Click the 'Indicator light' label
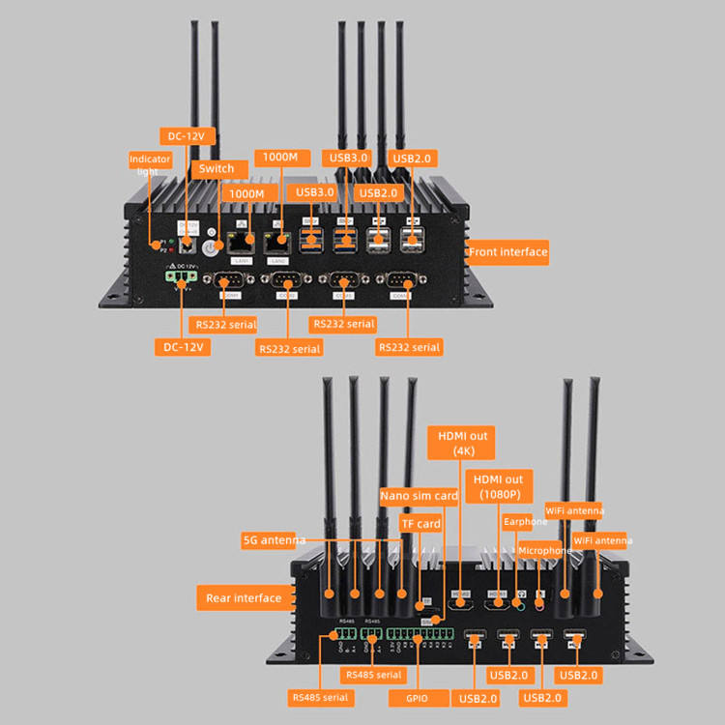pos(150,164)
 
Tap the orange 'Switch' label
pos(216,168)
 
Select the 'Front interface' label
pos(507,252)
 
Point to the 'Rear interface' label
pos(244,598)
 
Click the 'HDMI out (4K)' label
pos(464,443)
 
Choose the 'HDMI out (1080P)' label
pos(499,486)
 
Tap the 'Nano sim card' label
pos(419,496)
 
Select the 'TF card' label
pos(420,524)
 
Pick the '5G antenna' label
pos(274,539)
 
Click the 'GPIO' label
pos(418,697)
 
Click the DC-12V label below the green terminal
pos(182,345)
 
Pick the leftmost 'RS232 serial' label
pos(224,325)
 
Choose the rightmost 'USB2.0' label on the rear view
pos(579,675)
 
